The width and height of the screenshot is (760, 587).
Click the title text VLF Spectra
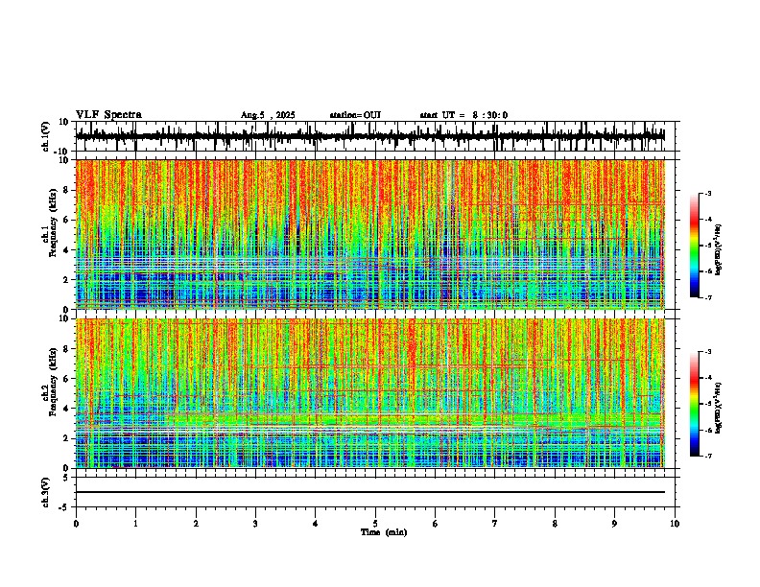108,115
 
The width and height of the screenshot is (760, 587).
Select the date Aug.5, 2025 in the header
268,115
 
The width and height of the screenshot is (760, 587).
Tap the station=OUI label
355,115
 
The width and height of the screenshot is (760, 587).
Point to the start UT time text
463,115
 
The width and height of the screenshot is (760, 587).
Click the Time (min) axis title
383,531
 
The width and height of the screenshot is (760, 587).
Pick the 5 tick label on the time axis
375,523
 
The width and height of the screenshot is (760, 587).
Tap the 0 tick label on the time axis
76,523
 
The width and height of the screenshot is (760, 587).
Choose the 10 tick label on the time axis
675,523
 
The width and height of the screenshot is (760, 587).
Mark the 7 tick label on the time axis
495,523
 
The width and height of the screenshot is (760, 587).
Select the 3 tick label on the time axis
255,523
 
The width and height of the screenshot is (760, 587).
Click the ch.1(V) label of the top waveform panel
45,136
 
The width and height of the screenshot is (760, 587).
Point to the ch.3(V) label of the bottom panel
45,491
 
